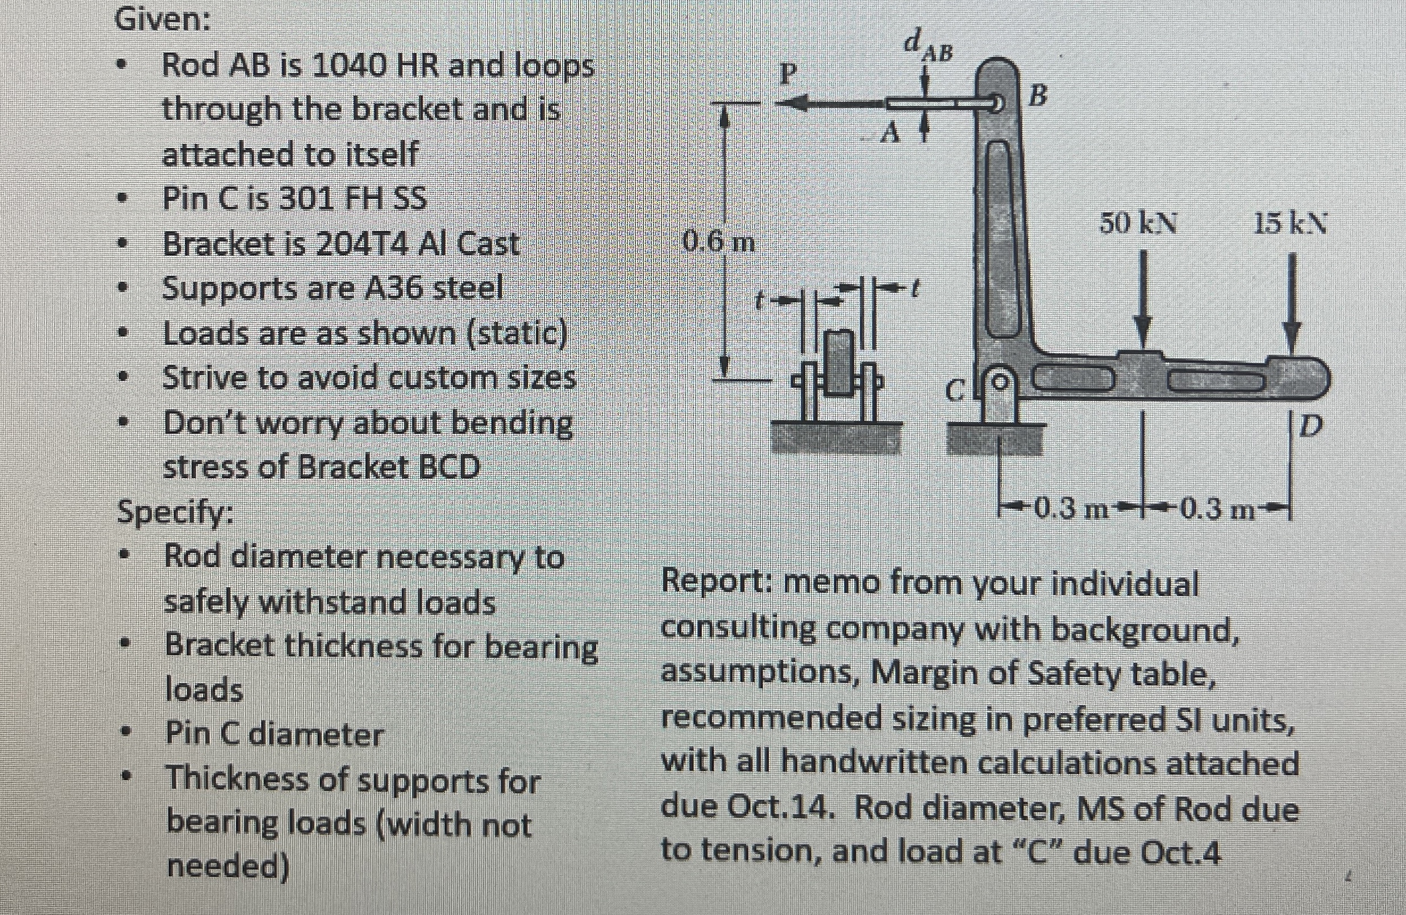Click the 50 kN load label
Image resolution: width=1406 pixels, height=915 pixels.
(1138, 224)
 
